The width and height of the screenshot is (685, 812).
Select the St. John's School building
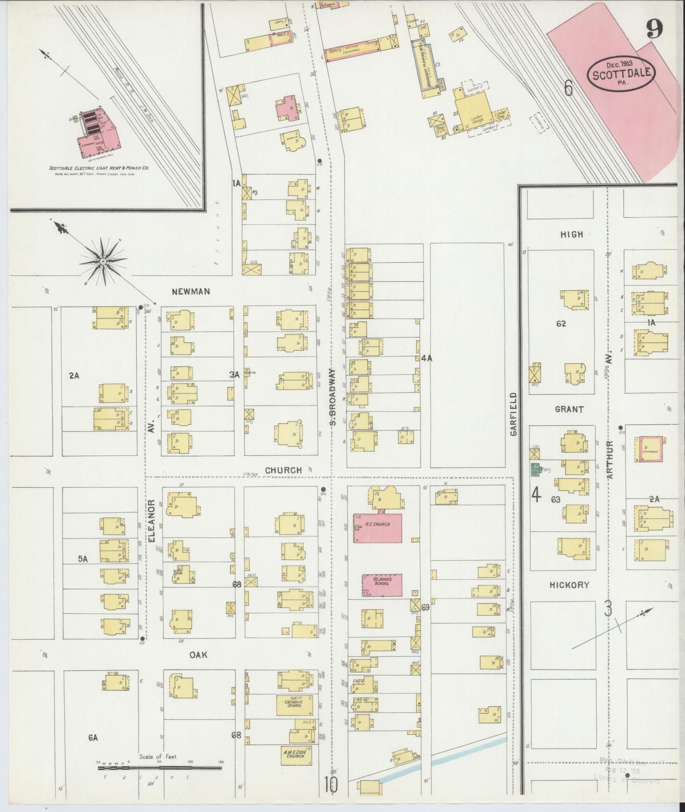[x=382, y=585]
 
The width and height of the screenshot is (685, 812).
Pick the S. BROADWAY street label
[x=333, y=397]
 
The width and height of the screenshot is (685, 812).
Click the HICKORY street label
[x=569, y=585]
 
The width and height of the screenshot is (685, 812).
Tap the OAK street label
[x=198, y=655]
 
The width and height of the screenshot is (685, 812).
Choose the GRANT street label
[x=569, y=410]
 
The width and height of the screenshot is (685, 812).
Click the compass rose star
[x=102, y=262]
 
